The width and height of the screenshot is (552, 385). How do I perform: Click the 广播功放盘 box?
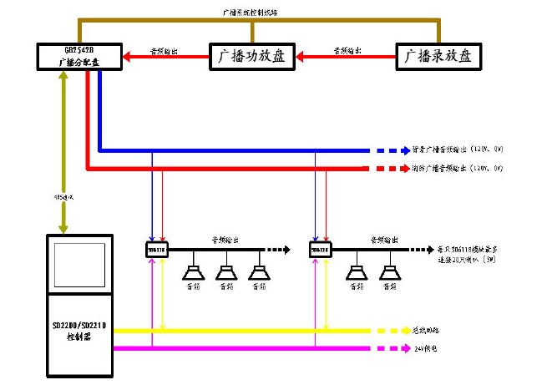coord(251,58)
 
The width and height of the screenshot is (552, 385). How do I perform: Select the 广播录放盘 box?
coord(438,58)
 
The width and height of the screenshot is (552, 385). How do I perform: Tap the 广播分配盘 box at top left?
coord(80,56)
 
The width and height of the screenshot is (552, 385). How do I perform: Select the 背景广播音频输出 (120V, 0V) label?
coord(458,151)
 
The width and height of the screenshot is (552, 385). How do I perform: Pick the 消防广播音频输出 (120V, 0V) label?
coord(458,169)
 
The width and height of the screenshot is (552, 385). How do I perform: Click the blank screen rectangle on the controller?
coord(81,264)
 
